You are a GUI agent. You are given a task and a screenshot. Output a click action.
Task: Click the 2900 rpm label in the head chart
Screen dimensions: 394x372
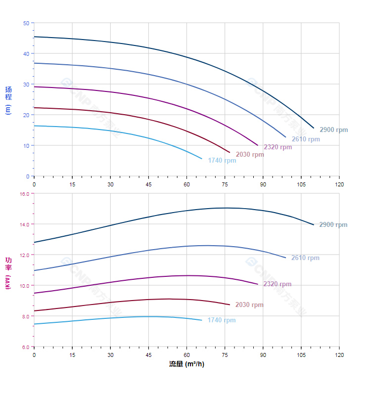[333, 130]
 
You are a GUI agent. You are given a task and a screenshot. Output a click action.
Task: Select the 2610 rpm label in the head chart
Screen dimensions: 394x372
[305, 139]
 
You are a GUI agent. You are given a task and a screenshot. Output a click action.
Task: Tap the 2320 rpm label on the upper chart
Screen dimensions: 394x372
[278, 147]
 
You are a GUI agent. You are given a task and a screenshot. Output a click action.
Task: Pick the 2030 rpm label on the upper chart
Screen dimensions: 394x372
[250, 155]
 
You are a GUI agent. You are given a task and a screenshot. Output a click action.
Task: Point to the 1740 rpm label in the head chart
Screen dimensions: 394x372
[222, 161]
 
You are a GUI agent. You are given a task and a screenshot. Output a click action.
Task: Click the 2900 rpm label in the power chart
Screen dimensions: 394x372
[333, 225]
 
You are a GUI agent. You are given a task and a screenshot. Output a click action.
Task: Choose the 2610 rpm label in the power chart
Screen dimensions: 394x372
[305, 258]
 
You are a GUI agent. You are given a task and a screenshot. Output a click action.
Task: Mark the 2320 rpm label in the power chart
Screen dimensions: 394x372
[278, 284]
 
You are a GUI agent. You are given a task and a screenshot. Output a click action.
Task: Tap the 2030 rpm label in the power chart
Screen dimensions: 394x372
[249, 305]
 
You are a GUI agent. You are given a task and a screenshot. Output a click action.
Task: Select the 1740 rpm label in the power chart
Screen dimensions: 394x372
[222, 320]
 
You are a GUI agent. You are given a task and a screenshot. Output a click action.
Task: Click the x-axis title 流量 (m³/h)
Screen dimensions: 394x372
[186, 364]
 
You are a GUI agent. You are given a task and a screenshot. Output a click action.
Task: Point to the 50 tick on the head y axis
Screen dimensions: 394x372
[26, 23]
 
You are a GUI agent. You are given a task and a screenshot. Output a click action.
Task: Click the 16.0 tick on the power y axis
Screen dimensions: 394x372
[24, 194]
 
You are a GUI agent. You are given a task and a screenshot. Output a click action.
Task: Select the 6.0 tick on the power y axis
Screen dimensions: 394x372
[26, 347]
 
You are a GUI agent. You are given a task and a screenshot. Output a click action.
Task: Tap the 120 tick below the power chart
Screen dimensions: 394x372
[339, 355]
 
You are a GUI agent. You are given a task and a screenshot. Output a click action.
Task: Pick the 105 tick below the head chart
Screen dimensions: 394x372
[301, 184]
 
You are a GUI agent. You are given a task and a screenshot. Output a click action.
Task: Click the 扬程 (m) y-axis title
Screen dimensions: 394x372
[8, 100]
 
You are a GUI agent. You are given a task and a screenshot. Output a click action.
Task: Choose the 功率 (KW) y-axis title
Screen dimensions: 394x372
[8, 273]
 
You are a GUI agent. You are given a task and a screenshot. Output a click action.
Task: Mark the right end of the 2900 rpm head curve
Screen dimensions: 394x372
[314, 128]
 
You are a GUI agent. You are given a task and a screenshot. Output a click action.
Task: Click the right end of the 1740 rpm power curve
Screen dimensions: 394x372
[202, 320]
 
